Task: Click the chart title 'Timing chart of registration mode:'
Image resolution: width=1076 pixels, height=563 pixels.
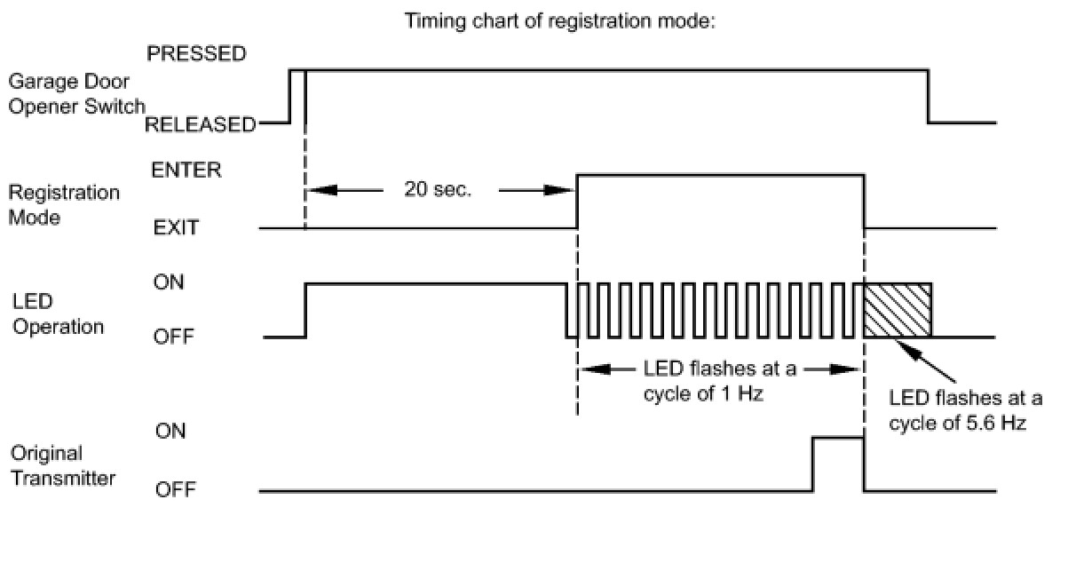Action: [560, 21]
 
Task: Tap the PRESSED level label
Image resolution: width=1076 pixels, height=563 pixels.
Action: [196, 53]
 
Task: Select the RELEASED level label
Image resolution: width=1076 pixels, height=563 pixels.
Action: [201, 124]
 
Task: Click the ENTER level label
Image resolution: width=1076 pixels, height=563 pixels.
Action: [186, 170]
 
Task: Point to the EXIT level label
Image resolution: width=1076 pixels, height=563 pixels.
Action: [176, 227]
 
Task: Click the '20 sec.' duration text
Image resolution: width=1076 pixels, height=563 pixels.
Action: [438, 189]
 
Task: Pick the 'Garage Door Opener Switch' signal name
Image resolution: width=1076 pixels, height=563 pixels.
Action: [76, 94]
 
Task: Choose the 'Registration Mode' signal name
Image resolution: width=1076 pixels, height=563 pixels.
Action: [64, 205]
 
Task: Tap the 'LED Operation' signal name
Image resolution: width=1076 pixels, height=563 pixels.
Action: [58, 314]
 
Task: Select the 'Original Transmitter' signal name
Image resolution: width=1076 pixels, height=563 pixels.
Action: [63, 466]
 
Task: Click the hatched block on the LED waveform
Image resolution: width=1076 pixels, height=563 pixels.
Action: [898, 310]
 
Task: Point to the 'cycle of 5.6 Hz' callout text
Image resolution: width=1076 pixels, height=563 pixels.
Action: [958, 424]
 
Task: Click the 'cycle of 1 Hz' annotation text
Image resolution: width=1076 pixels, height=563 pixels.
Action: [703, 394]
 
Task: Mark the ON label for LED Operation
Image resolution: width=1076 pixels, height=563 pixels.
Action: [169, 282]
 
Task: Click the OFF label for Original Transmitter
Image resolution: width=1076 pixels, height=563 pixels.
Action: [175, 489]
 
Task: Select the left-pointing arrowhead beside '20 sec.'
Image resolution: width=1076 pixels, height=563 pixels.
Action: [322, 190]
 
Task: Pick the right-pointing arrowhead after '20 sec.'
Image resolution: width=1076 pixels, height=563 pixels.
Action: [558, 190]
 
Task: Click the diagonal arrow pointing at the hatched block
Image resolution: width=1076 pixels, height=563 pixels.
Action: [925, 361]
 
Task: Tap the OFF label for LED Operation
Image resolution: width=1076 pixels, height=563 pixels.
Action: [173, 337]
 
